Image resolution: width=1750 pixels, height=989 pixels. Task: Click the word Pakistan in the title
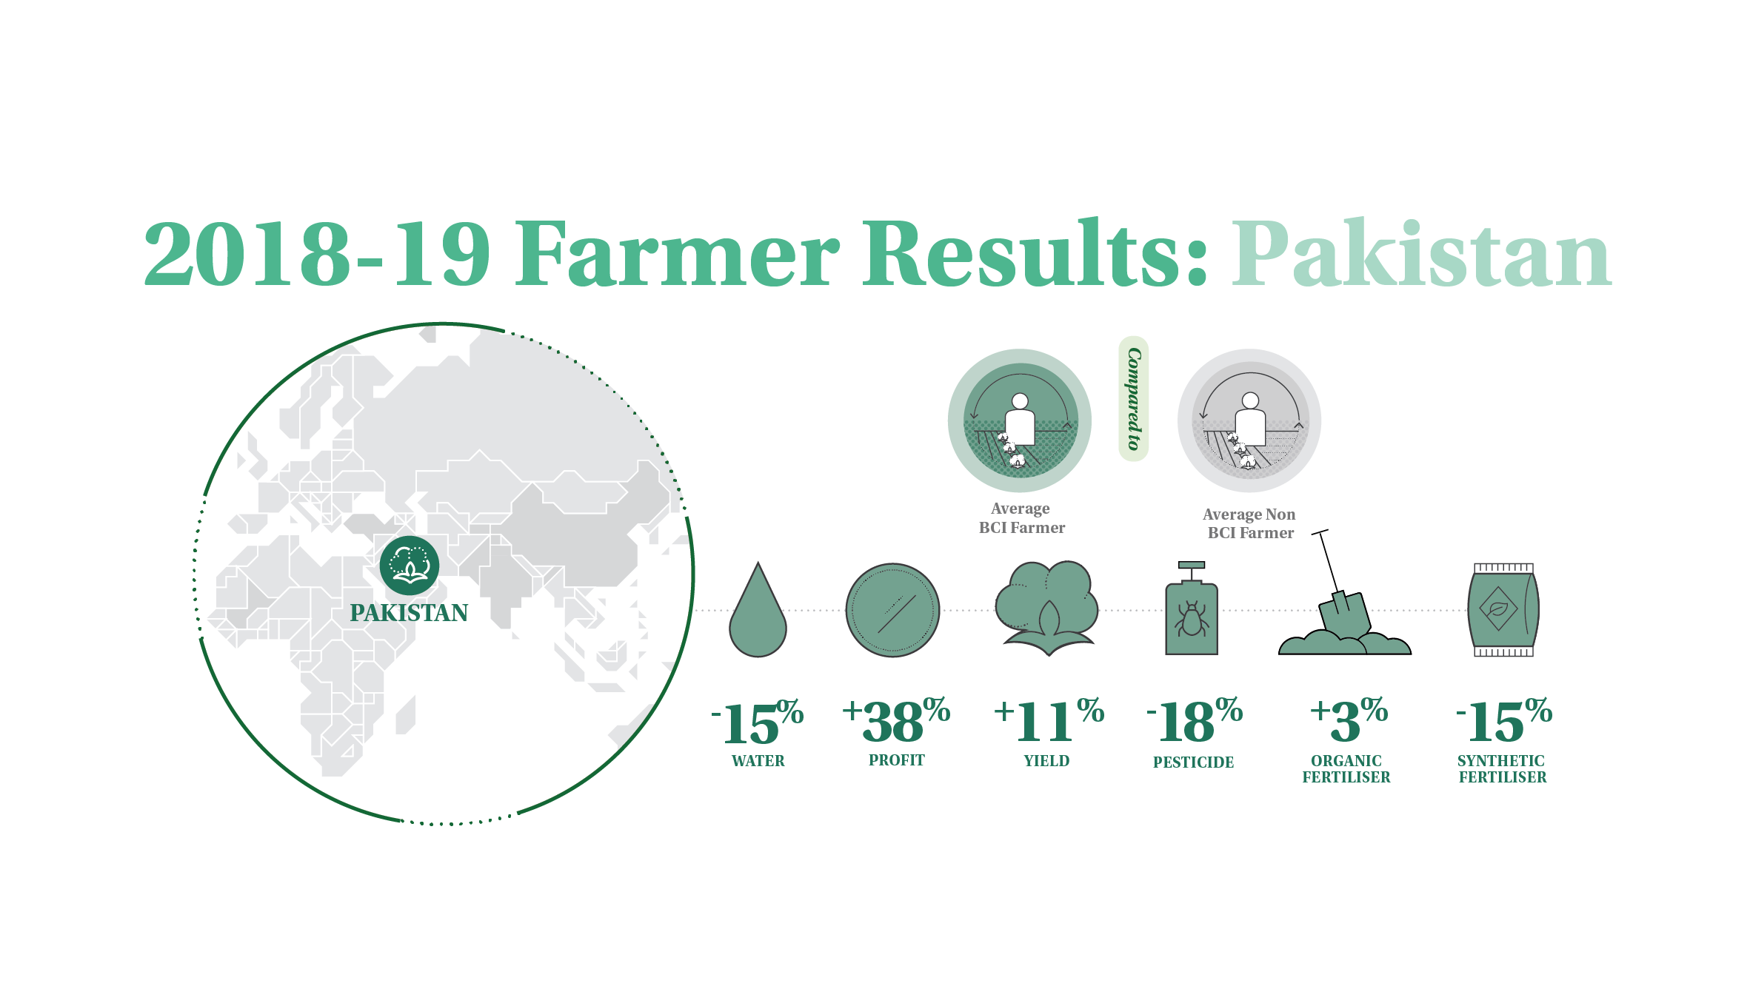[x=1421, y=253]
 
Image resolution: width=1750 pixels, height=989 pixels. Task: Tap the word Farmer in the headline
[x=678, y=253]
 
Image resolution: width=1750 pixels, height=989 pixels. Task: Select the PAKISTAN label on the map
[x=409, y=613]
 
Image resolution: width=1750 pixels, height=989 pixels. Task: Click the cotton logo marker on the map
[x=410, y=566]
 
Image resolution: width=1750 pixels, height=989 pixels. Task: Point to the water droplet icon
[x=758, y=609]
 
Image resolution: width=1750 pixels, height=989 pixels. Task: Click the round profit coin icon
[x=892, y=611]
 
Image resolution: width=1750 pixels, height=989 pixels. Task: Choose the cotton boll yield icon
[x=1047, y=608]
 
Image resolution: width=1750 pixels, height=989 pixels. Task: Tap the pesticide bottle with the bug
[x=1192, y=609]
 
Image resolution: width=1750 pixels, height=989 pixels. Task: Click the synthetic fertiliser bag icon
[x=1503, y=610]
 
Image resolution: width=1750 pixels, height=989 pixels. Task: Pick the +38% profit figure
[x=896, y=720]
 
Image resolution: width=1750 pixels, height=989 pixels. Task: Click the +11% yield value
[x=1049, y=720]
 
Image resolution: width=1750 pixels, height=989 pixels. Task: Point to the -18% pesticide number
[x=1195, y=720]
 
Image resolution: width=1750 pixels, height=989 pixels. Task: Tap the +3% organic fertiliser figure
[x=1349, y=720]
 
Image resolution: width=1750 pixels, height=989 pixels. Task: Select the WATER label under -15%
[x=758, y=761]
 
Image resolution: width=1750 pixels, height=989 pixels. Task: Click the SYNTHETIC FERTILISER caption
[x=1503, y=769]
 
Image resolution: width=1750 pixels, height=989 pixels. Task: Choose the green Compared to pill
[x=1133, y=399]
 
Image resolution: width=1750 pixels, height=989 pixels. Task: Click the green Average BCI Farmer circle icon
[x=1020, y=420]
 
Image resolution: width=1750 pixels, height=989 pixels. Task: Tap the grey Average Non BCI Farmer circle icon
[x=1249, y=420]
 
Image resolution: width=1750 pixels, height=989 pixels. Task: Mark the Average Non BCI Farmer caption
[x=1249, y=523]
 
